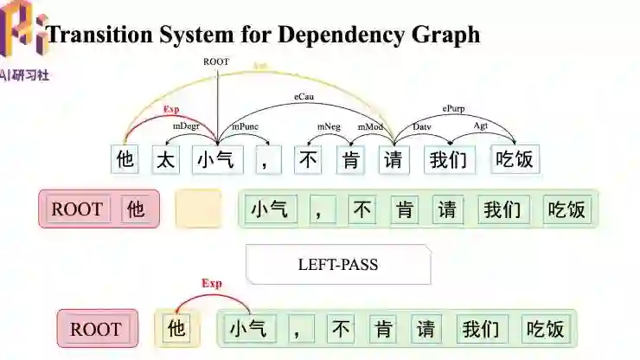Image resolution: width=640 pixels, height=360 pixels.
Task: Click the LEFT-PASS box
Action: [338, 265]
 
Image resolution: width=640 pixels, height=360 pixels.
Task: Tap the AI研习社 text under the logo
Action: [25, 75]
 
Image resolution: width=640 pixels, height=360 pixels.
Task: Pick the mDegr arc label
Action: [185, 126]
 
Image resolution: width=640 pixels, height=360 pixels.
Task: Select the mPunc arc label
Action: [243, 126]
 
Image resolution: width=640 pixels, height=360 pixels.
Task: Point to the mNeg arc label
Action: [329, 126]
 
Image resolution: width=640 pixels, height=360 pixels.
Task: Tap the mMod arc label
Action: [371, 126]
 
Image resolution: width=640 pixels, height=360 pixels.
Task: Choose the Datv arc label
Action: [422, 126]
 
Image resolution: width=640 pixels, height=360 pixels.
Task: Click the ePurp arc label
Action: [454, 110]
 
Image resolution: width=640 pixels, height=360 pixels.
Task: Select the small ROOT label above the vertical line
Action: [216, 62]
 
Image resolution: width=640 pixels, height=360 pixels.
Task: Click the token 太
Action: [165, 159]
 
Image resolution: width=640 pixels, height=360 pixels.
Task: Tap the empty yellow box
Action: [198, 209]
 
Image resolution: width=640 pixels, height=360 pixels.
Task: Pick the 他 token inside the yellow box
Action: [176, 329]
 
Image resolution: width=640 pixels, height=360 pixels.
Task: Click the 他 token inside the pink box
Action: [136, 209]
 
